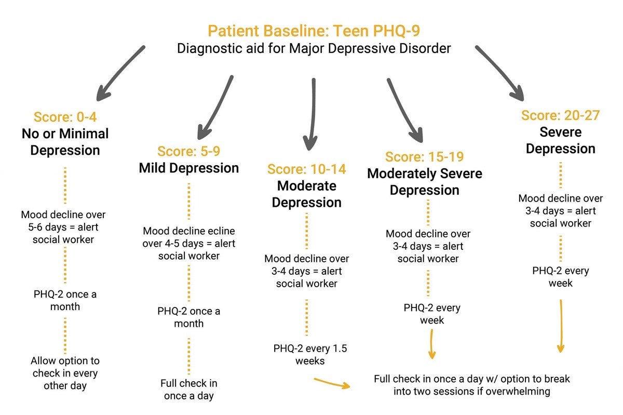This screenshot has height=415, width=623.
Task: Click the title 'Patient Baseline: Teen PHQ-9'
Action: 314,31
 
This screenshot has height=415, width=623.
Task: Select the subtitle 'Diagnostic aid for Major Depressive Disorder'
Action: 314,48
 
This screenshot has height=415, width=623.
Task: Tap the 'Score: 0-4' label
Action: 65,117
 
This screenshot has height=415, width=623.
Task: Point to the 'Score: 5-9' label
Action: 188,152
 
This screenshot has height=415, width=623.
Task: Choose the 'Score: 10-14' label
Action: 306,169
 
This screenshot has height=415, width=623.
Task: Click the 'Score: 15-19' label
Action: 425,157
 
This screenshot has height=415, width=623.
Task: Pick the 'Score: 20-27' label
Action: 560,115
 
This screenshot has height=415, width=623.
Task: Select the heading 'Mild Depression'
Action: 188,168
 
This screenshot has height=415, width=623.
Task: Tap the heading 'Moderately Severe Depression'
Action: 425,182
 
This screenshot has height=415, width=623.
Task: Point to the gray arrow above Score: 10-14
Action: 312,114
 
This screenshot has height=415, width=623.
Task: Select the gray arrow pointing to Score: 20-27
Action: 499,73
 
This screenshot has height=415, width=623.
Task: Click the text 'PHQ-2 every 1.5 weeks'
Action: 310,355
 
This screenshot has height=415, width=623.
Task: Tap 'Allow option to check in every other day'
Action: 65,373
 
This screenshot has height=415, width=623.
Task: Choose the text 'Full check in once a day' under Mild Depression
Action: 189,390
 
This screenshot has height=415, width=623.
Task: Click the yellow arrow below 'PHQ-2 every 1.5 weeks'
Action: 332,383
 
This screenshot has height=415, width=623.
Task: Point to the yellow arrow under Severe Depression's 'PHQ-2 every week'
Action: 561,326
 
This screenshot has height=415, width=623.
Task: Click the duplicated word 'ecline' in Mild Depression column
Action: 220,231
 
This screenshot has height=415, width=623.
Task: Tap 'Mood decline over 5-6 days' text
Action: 63,221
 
